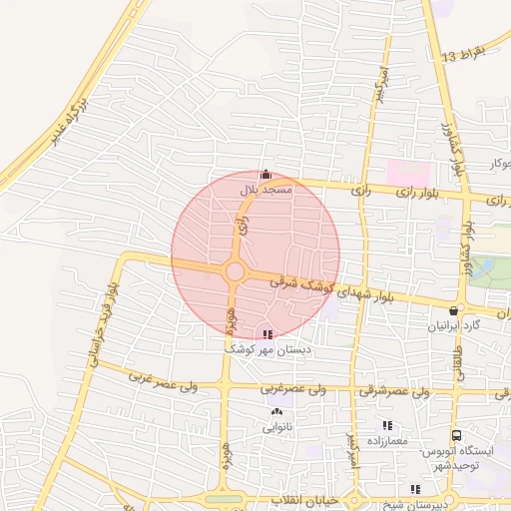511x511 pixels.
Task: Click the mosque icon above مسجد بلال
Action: (264, 174)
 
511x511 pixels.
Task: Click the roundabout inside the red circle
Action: (236, 271)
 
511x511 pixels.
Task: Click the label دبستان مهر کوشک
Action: (268, 349)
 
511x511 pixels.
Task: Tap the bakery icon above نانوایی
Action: (275, 411)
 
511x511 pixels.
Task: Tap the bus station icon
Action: (456, 436)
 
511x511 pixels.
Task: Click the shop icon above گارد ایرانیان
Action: (455, 310)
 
